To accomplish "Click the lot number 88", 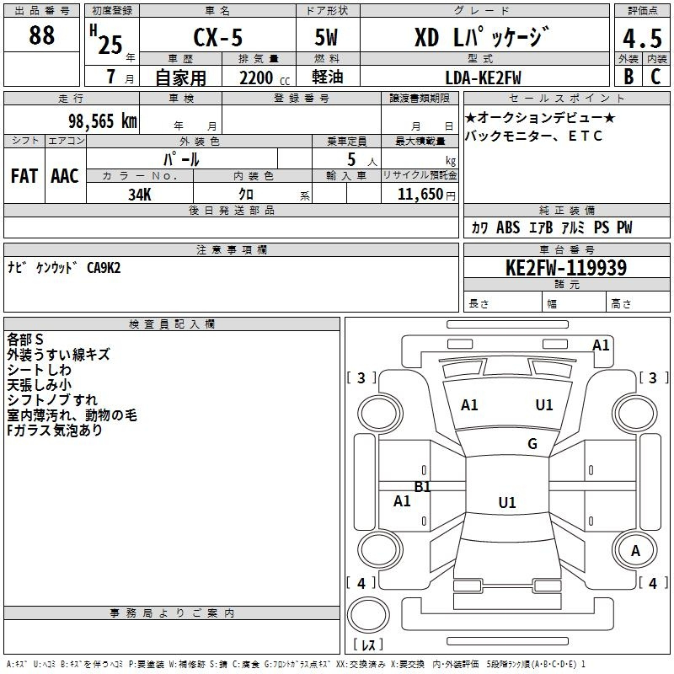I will click(x=41, y=36).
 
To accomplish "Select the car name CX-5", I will click(x=217, y=39).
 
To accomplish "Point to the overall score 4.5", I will click(x=641, y=39).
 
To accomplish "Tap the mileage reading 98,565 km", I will click(x=102, y=121).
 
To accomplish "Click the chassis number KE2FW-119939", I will click(x=566, y=269).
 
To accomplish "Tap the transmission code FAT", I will click(x=24, y=176).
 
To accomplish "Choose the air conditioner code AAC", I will click(x=65, y=176).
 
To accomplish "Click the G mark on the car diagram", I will click(x=532, y=444).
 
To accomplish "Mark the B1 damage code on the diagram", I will click(x=422, y=487).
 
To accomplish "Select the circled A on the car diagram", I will click(x=636, y=550).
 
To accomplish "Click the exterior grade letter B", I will click(x=628, y=77).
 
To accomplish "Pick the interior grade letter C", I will click(x=655, y=77).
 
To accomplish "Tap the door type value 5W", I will click(x=327, y=39).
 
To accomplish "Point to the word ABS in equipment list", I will click(x=508, y=227).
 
